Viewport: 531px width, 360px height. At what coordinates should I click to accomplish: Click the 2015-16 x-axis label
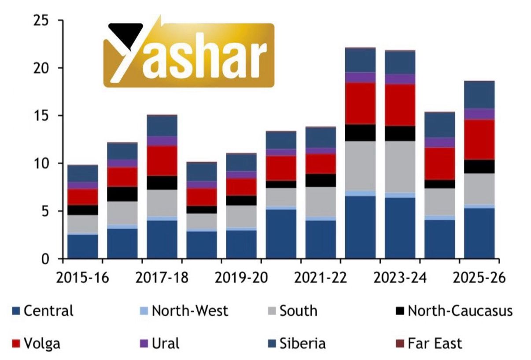point(84,278)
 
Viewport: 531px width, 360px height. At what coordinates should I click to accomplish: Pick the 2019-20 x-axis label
point(242,278)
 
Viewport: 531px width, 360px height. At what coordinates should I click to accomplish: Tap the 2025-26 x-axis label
point(479,278)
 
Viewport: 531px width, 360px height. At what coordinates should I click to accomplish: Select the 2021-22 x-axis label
point(321,278)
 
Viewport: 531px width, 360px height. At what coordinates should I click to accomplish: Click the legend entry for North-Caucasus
point(460,311)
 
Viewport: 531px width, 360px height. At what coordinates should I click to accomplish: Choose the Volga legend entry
point(42,343)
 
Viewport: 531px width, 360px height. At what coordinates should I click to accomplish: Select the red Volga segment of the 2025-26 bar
point(479,139)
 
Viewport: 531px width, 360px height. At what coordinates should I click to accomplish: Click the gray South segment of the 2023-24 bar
point(400,167)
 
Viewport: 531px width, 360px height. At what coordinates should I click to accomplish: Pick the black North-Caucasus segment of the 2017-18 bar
point(162,183)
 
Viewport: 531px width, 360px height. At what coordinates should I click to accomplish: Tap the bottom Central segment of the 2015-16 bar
point(83,246)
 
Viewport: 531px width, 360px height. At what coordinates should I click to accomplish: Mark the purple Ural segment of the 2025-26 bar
point(479,114)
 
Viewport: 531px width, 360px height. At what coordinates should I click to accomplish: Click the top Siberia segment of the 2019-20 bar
point(241,162)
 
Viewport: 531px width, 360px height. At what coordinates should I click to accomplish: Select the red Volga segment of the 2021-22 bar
point(321,163)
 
